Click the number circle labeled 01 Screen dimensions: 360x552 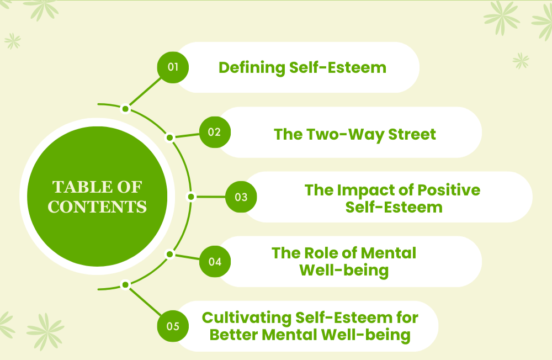pyautogui.click(x=173, y=67)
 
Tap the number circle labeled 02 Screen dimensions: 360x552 pyautogui.click(x=215, y=132)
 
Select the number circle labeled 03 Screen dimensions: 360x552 pyautogui.click(x=241, y=197)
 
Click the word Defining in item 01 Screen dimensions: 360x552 pyautogui.click(x=252, y=68)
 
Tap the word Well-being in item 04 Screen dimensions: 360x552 pyautogui.click(x=343, y=271)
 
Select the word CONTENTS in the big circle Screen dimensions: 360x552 pyautogui.click(x=97, y=207)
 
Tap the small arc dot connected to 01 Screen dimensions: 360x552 pyautogui.click(x=125, y=108)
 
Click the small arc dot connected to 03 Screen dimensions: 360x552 pyautogui.click(x=191, y=197)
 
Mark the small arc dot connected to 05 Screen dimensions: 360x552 pyautogui.click(x=125, y=285)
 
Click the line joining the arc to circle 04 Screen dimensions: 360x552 pyautogui.click(x=185, y=257)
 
